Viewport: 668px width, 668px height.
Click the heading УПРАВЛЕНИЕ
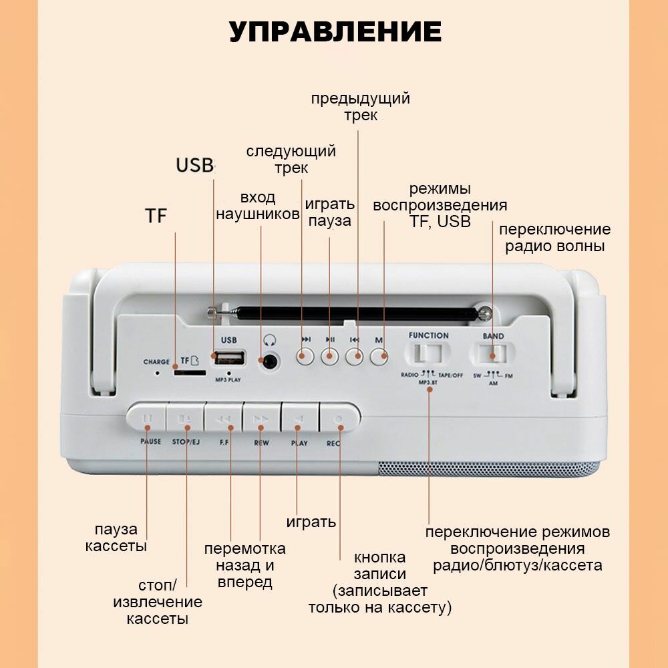click(335, 32)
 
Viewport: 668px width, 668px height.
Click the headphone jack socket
click(270, 361)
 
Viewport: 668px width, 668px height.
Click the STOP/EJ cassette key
click(185, 419)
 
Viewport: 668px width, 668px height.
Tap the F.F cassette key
click(224, 419)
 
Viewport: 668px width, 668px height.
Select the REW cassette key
click(261, 419)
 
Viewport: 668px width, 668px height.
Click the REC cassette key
click(337, 419)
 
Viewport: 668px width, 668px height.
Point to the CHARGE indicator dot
click(158, 373)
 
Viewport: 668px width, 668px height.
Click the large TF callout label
click(156, 216)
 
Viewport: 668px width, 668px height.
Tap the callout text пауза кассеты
click(116, 538)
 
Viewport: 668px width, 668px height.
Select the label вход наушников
click(258, 206)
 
